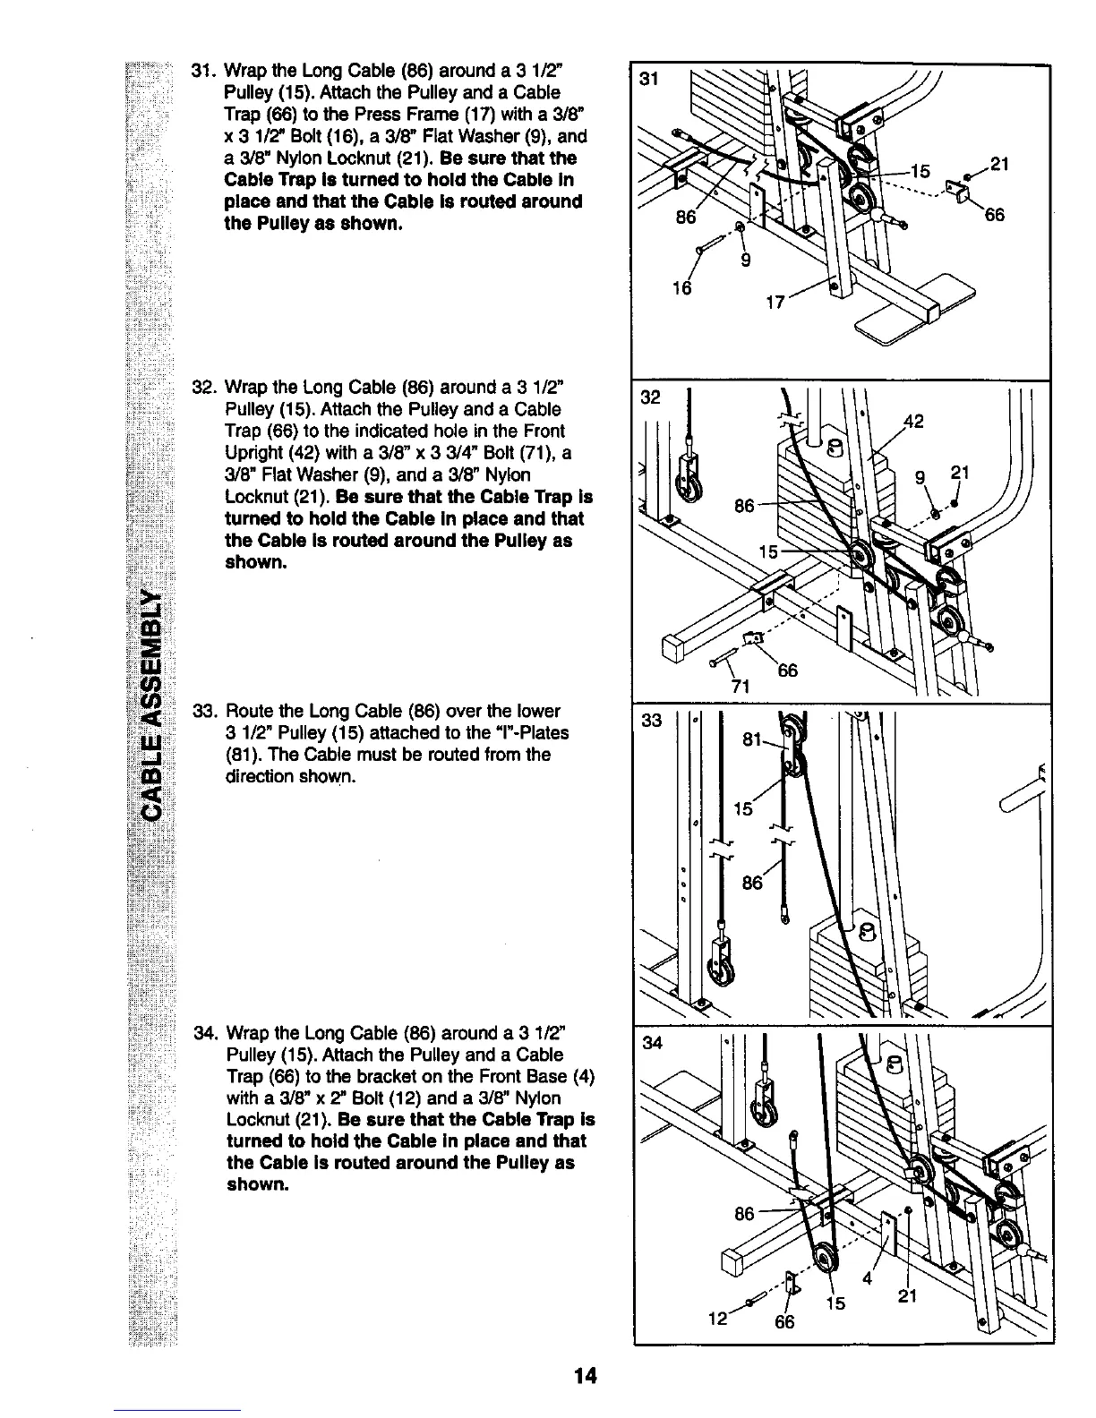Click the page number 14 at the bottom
pos(587,1375)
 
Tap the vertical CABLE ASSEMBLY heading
pos(155,704)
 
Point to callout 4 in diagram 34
pos(866,1277)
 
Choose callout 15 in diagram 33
pos(743,809)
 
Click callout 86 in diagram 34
pos(744,1215)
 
